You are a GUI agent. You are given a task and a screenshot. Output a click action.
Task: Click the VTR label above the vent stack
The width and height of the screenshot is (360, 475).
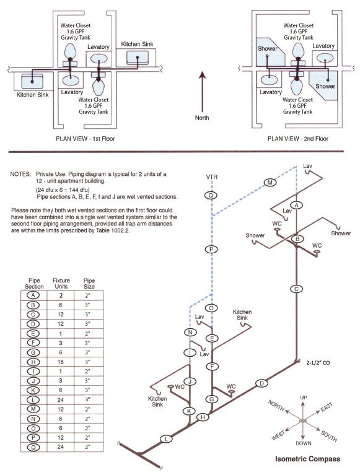pyautogui.click(x=211, y=177)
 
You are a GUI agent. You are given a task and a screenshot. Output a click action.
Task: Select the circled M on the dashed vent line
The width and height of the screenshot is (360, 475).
pyautogui.click(x=270, y=182)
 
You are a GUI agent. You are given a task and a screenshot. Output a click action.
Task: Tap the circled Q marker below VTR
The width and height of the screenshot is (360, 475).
pyautogui.click(x=211, y=196)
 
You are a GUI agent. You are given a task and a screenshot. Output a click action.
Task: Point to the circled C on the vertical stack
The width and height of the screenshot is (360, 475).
pyautogui.click(x=296, y=289)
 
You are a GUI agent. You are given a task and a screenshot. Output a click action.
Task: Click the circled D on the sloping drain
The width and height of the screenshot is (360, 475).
pyautogui.click(x=261, y=383)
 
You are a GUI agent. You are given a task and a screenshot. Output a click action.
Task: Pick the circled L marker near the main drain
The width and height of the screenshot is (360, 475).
pyautogui.click(x=166, y=439)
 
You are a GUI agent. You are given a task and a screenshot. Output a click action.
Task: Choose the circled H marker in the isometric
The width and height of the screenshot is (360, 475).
pyautogui.click(x=203, y=417)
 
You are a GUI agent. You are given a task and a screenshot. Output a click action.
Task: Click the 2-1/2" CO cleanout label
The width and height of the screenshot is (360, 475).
pyautogui.click(x=318, y=363)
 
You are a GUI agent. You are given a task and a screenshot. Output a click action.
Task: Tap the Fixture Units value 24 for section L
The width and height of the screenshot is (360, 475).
pyautogui.click(x=60, y=400)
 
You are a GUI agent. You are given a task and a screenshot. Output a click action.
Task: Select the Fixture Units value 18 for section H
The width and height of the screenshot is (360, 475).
pyautogui.click(x=60, y=362)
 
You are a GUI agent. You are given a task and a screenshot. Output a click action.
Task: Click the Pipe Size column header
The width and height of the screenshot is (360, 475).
pyautogui.click(x=89, y=283)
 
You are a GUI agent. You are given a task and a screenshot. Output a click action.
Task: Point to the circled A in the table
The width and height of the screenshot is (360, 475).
pyautogui.click(x=33, y=295)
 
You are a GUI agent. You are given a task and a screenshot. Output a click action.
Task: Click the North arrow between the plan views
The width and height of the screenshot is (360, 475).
pyautogui.click(x=202, y=92)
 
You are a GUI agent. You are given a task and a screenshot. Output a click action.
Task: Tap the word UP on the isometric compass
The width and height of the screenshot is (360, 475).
pyautogui.click(x=304, y=398)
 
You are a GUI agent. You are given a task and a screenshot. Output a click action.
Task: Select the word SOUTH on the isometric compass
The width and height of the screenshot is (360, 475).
pyautogui.click(x=329, y=436)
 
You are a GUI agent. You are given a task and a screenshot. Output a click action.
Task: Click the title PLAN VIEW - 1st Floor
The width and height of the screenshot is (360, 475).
pyautogui.click(x=86, y=139)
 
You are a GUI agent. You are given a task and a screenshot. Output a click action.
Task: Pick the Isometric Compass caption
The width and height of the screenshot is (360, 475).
pyautogui.click(x=307, y=459)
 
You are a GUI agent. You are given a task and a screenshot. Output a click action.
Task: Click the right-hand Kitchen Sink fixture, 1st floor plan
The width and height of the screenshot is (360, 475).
pyautogui.click(x=138, y=58)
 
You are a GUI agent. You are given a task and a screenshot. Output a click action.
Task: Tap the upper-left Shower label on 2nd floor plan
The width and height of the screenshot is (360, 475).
pyautogui.click(x=267, y=48)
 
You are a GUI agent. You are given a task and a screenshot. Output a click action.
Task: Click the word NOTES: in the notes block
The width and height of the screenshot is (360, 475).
pyautogui.click(x=20, y=174)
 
